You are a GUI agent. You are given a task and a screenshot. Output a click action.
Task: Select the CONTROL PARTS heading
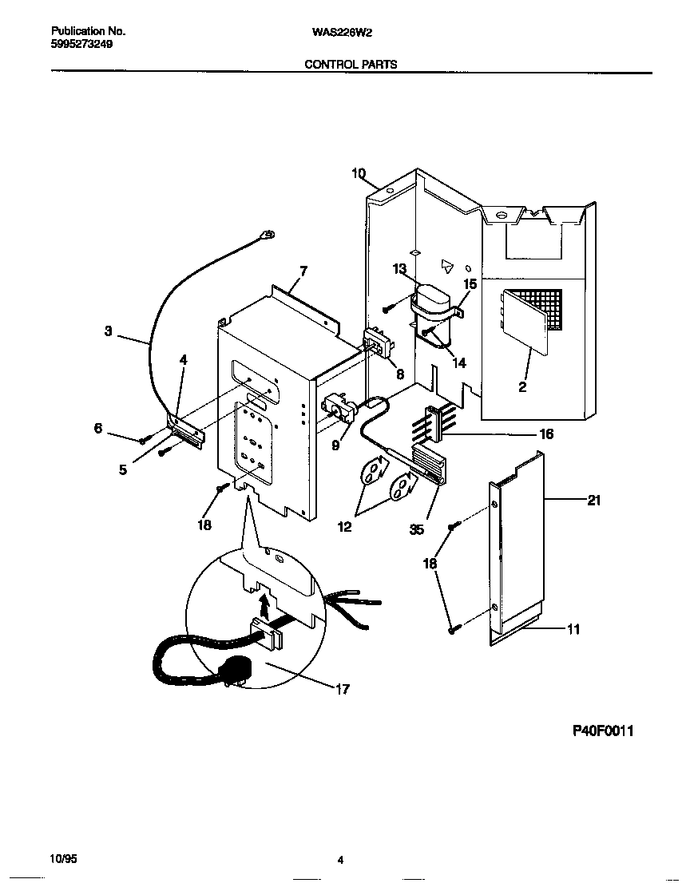click(351, 64)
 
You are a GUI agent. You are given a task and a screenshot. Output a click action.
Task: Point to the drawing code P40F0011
click(603, 731)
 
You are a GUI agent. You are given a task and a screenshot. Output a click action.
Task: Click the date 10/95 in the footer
click(63, 859)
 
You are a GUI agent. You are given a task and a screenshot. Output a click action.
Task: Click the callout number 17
click(342, 689)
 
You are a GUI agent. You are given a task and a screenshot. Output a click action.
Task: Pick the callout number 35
click(417, 528)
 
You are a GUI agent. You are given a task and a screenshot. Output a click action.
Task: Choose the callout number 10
click(358, 172)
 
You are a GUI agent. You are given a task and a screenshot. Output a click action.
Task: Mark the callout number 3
click(108, 331)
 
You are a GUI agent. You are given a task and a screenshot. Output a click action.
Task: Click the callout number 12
click(344, 528)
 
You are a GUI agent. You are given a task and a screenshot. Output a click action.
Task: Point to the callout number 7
click(303, 271)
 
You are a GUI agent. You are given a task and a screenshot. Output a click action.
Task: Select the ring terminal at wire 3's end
click(268, 234)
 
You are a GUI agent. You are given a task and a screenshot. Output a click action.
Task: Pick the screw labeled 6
click(142, 440)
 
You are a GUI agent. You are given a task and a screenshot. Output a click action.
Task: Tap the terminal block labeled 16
click(432, 422)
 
